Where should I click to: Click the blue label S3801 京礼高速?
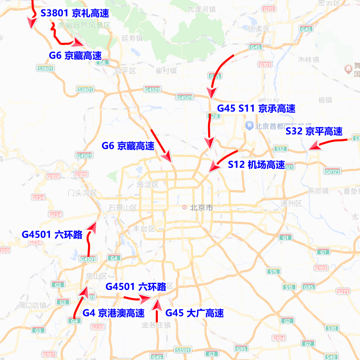75,13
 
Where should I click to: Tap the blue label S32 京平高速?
314,131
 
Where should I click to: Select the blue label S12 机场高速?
256,164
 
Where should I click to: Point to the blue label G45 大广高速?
194,313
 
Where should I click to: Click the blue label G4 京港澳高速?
113,313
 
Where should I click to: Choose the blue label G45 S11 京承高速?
256,108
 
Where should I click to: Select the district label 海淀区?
147,184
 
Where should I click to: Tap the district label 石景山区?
122,208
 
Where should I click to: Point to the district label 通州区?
291,203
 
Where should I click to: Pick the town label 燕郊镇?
318,191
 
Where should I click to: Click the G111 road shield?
269,9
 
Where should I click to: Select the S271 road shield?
343,292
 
